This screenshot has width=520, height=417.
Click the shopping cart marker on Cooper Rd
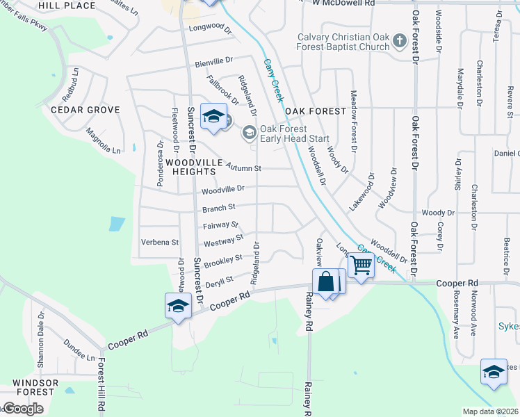(361, 265)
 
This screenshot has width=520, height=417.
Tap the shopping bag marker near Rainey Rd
(325, 282)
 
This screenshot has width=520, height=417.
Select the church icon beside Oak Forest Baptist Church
(399, 41)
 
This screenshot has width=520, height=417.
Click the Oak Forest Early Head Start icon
(248, 131)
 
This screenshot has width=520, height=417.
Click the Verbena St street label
(160, 243)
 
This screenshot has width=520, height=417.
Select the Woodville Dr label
(223, 188)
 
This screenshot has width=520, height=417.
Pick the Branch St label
(219, 207)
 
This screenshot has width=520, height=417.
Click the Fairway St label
(221, 225)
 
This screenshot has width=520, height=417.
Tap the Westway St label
(223, 241)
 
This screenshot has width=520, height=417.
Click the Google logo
(23, 409)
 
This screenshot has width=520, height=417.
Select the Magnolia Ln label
(103, 140)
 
